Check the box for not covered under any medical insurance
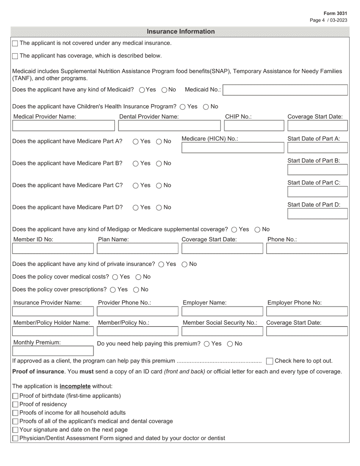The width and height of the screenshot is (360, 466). [x=15, y=44]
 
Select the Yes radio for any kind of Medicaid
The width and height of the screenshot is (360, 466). [x=142, y=90]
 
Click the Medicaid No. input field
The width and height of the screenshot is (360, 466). [x=285, y=90]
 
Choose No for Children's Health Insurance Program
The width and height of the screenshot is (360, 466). [x=206, y=107]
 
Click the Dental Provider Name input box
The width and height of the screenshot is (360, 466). [x=169, y=126]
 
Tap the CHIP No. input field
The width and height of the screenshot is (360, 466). [x=254, y=126]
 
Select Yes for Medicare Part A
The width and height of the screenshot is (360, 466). [x=136, y=142]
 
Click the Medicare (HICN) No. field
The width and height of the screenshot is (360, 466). [x=233, y=148]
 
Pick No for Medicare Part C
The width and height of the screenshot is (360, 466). [x=159, y=186]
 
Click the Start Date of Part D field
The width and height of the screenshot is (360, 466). [x=317, y=214]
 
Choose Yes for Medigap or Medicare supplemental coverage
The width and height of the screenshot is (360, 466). [x=234, y=230]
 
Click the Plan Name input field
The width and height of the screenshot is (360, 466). [x=138, y=249]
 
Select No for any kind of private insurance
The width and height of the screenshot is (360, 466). [x=185, y=264]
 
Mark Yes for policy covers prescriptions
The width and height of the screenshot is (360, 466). [x=113, y=290]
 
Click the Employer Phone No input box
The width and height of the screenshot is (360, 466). [x=307, y=311]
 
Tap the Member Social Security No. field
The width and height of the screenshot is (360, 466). [x=222, y=332]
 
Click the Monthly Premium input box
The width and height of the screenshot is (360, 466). [x=53, y=351]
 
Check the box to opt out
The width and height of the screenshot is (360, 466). [x=269, y=361]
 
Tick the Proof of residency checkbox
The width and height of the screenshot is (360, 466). [x=15, y=405]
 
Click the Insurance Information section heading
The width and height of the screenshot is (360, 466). [x=180, y=31]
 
